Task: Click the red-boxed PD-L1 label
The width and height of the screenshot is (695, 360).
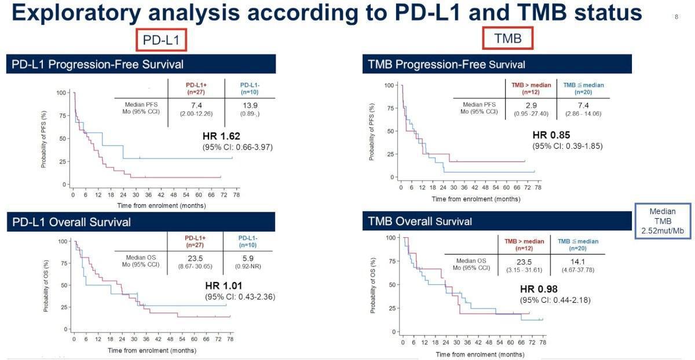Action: click(x=162, y=40)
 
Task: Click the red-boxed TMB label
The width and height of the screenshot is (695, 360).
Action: click(x=507, y=38)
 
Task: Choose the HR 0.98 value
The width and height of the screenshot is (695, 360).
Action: click(x=537, y=289)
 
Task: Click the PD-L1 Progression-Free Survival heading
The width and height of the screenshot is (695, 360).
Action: click(x=98, y=64)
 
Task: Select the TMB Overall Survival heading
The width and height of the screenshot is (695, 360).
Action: click(x=420, y=221)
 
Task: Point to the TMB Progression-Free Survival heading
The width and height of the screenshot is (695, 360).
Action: click(x=447, y=64)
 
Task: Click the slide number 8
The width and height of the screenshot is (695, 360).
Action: click(x=676, y=17)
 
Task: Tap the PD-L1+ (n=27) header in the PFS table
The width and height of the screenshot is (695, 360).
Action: click(x=196, y=87)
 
